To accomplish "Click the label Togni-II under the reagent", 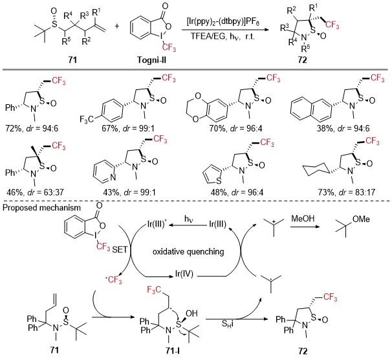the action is pyautogui.click(x=151, y=60).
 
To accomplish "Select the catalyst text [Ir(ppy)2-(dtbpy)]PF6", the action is pyautogui.click(x=223, y=22).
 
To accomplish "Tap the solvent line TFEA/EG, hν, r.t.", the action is pyautogui.click(x=223, y=36).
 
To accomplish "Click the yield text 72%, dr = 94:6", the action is pyautogui.click(x=32, y=129).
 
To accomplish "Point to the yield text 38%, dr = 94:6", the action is pyautogui.click(x=343, y=128).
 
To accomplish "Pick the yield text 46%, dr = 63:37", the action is pyautogui.click(x=34, y=192).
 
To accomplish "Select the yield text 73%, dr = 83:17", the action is pyautogui.click(x=347, y=192).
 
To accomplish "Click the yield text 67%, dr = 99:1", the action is pyautogui.click(x=128, y=128).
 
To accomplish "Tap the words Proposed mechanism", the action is pyautogui.click(x=41, y=208).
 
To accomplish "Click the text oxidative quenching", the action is pyautogui.click(x=188, y=251).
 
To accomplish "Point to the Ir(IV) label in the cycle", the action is pyautogui.click(x=184, y=274).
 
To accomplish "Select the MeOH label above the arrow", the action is pyautogui.click(x=303, y=219).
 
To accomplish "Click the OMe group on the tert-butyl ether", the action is pyautogui.click(x=361, y=219).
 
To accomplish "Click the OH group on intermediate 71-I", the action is pyautogui.click(x=191, y=313).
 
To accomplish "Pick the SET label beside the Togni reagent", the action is pyautogui.click(x=120, y=250).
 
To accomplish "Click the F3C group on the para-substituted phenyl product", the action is pyautogui.click(x=87, y=119).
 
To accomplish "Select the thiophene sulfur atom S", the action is pyautogui.click(x=219, y=181).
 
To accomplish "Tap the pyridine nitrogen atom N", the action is pyautogui.click(x=113, y=177).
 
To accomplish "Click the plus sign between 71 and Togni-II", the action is pyautogui.click(x=116, y=26).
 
